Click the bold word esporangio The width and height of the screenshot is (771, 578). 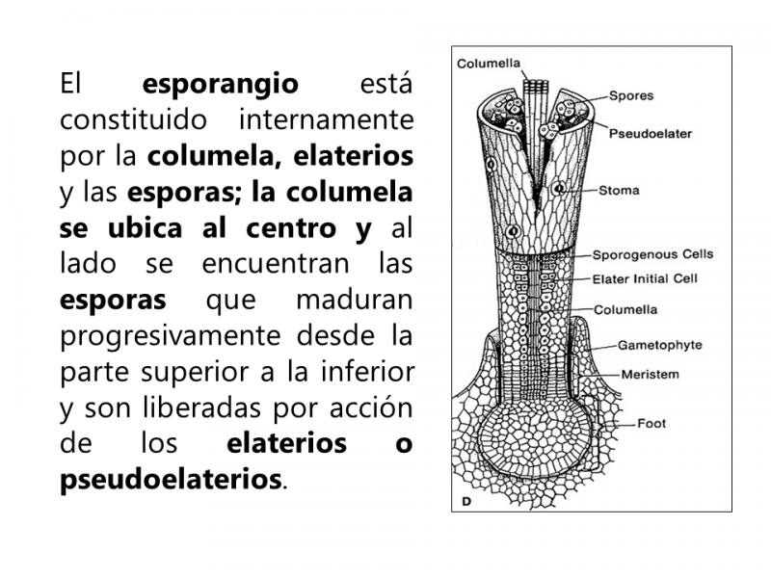pyautogui.click(x=221, y=85)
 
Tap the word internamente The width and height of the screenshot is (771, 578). pyautogui.click(x=326, y=119)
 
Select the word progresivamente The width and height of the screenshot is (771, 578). pyautogui.click(x=171, y=336)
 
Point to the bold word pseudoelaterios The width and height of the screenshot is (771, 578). pyautogui.click(x=172, y=480)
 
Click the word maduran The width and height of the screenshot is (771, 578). pyautogui.click(x=355, y=300)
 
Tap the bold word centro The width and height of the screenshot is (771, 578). pyautogui.click(x=291, y=228)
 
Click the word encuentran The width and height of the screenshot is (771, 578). pyautogui.click(x=276, y=264)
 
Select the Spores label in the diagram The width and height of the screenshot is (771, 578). pyautogui.click(x=631, y=95)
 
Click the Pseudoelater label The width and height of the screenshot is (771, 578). pyautogui.click(x=650, y=133)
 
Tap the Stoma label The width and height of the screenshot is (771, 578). pyautogui.click(x=619, y=190)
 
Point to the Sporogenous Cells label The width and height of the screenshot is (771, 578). pyautogui.click(x=652, y=254)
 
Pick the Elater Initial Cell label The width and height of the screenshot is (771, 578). pyautogui.click(x=645, y=279)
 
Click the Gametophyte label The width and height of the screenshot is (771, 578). pyautogui.click(x=660, y=345)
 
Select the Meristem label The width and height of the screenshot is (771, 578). pyautogui.click(x=650, y=375)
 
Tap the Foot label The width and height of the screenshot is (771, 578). pyautogui.click(x=651, y=423)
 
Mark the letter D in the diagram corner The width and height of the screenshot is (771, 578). pyautogui.click(x=466, y=501)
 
